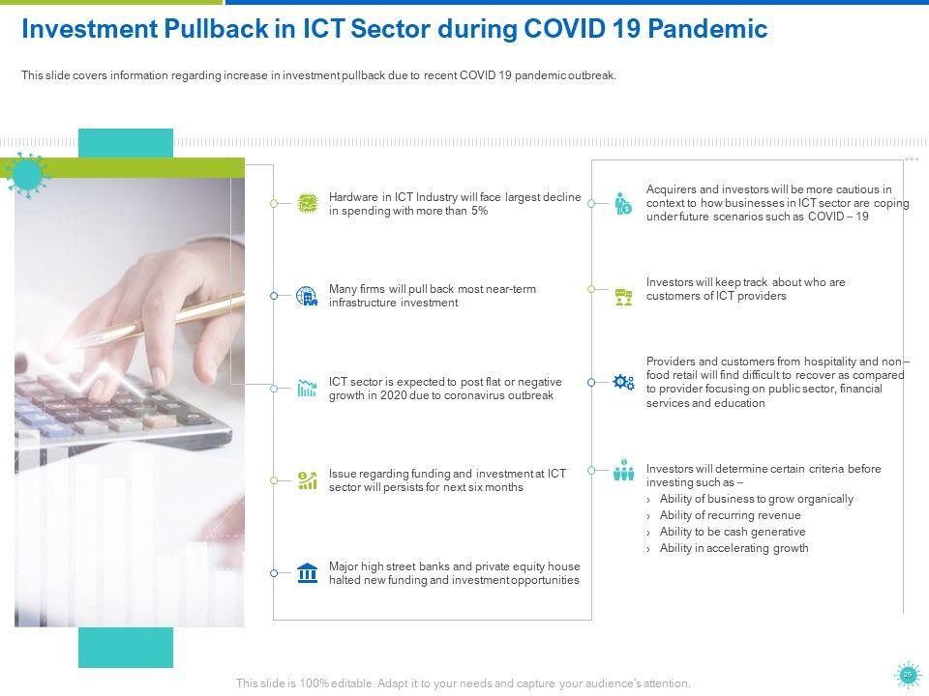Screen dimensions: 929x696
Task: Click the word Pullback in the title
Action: click(216, 28)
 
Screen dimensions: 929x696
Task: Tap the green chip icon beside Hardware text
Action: click(307, 204)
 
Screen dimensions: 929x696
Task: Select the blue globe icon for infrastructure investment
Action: click(307, 296)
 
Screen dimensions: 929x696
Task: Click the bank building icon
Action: click(308, 573)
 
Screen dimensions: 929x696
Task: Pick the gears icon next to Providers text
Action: click(623, 383)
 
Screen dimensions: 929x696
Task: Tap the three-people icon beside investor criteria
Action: click(623, 470)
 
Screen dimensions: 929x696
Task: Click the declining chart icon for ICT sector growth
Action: click(307, 389)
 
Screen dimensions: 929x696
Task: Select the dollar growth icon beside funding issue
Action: click(307, 480)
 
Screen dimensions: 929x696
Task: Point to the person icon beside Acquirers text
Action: click(622, 204)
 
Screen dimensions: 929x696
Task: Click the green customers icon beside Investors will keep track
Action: click(623, 297)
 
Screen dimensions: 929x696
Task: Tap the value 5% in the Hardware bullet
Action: click(479, 211)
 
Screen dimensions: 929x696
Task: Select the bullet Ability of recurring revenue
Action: click(730, 515)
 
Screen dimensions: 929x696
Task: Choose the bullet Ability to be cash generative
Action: click(733, 532)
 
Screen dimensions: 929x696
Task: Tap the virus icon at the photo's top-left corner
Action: click(25, 175)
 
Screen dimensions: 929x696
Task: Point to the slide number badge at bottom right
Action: click(907, 675)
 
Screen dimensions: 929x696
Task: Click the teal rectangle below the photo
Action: click(126, 648)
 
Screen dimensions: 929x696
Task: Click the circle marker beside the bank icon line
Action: click(274, 573)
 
